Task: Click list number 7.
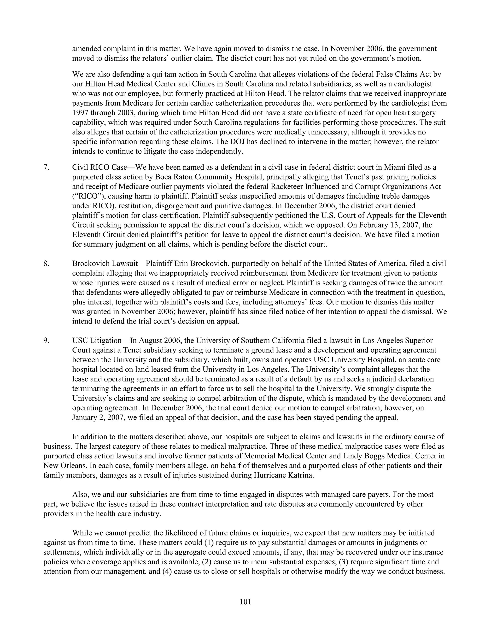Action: [x=46, y=167]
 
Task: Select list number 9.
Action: [x=46, y=341]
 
